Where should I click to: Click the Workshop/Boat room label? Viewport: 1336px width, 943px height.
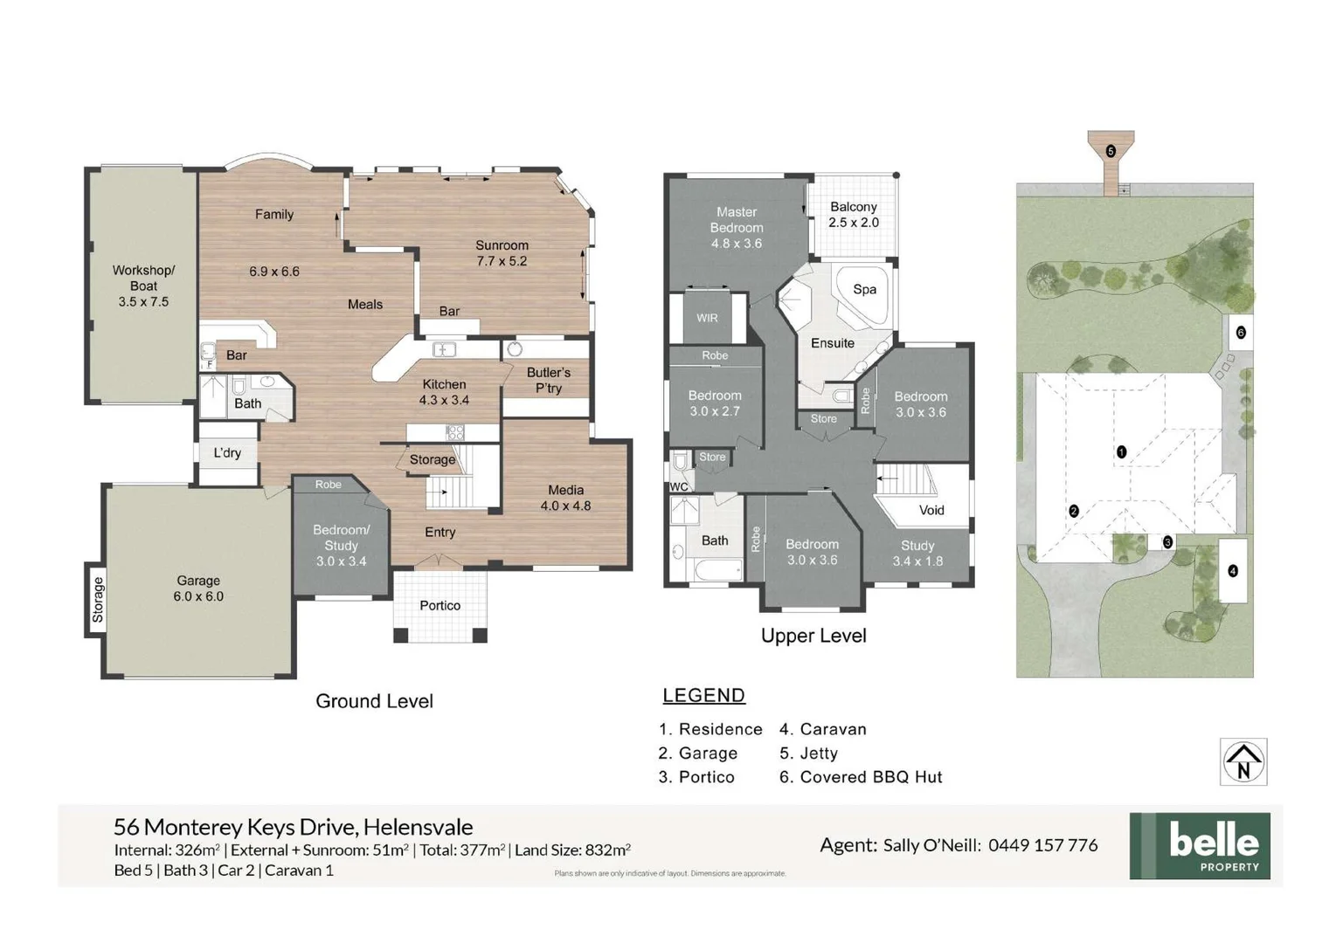[x=143, y=286]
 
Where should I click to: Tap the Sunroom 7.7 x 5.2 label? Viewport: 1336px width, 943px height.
[x=502, y=253]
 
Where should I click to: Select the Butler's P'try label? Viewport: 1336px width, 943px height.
[x=548, y=380]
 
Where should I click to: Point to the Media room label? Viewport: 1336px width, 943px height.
[x=565, y=498]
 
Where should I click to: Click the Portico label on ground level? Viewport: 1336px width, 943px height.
[x=440, y=605]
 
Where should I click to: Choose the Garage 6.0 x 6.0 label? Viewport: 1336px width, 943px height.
[x=198, y=589]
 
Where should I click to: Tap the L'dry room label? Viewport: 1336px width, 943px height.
[x=227, y=452]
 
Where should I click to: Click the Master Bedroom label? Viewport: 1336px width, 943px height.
[x=737, y=227]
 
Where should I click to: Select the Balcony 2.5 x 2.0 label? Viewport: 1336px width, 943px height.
[x=854, y=215]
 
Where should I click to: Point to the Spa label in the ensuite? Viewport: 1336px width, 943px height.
[x=864, y=289]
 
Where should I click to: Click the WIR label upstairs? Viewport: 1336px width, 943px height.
[x=707, y=318]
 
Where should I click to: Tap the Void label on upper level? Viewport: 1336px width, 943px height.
[x=931, y=510]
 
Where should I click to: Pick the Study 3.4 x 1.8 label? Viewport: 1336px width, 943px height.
[x=917, y=554]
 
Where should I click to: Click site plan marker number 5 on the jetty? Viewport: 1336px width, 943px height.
[x=1111, y=151]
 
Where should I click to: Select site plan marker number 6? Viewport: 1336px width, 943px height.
[x=1240, y=333]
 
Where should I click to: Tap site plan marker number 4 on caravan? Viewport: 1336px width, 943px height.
[x=1233, y=571]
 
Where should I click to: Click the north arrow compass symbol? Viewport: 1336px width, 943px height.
[x=1243, y=761]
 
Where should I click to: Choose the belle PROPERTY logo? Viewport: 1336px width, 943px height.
[x=1200, y=845]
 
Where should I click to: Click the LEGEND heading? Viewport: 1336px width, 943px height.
[x=703, y=696]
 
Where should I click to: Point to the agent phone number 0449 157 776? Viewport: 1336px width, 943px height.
[x=1042, y=845]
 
